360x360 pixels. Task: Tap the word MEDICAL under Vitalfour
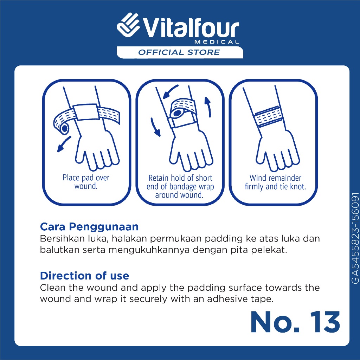click(x=217, y=42)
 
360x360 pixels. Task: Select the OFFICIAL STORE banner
click(x=180, y=52)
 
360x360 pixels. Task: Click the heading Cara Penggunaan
click(x=89, y=227)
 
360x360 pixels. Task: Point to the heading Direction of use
click(x=84, y=276)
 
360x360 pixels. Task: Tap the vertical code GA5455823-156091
click(x=355, y=238)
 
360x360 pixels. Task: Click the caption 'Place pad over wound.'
click(x=86, y=182)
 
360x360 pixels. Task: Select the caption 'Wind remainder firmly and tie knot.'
click(x=275, y=182)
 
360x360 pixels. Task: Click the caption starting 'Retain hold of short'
click(x=180, y=186)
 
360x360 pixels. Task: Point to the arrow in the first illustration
click(x=64, y=144)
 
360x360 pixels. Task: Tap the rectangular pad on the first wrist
click(x=86, y=112)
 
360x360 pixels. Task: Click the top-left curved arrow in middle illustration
click(x=170, y=91)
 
